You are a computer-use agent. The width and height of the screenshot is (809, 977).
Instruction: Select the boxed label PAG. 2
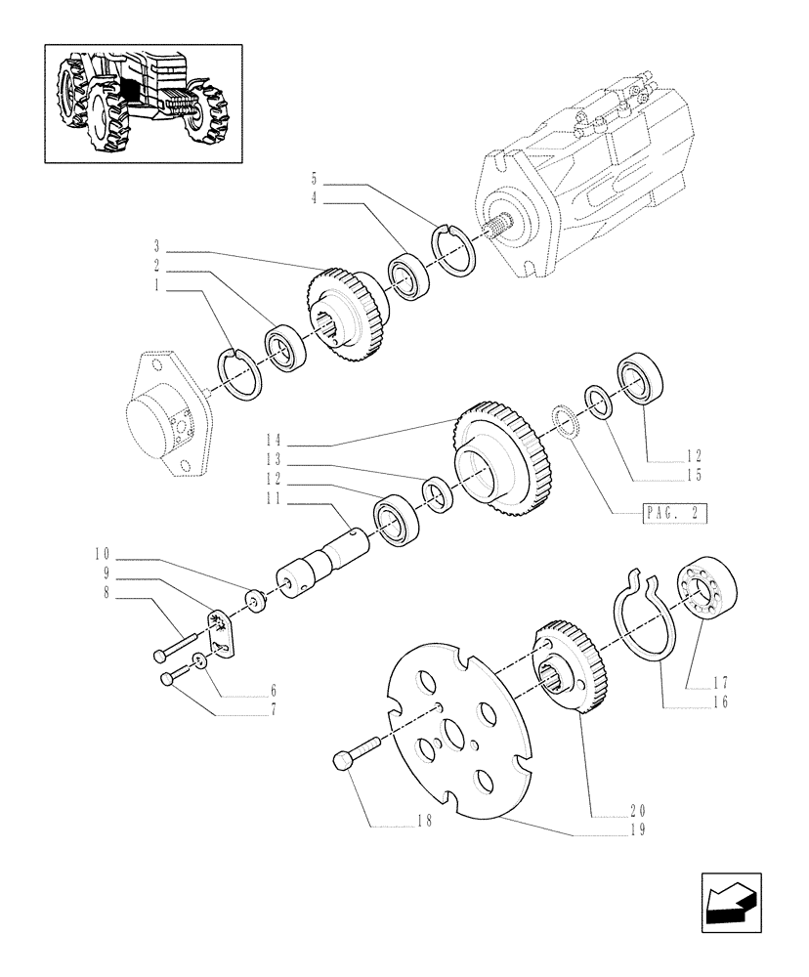(675, 512)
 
